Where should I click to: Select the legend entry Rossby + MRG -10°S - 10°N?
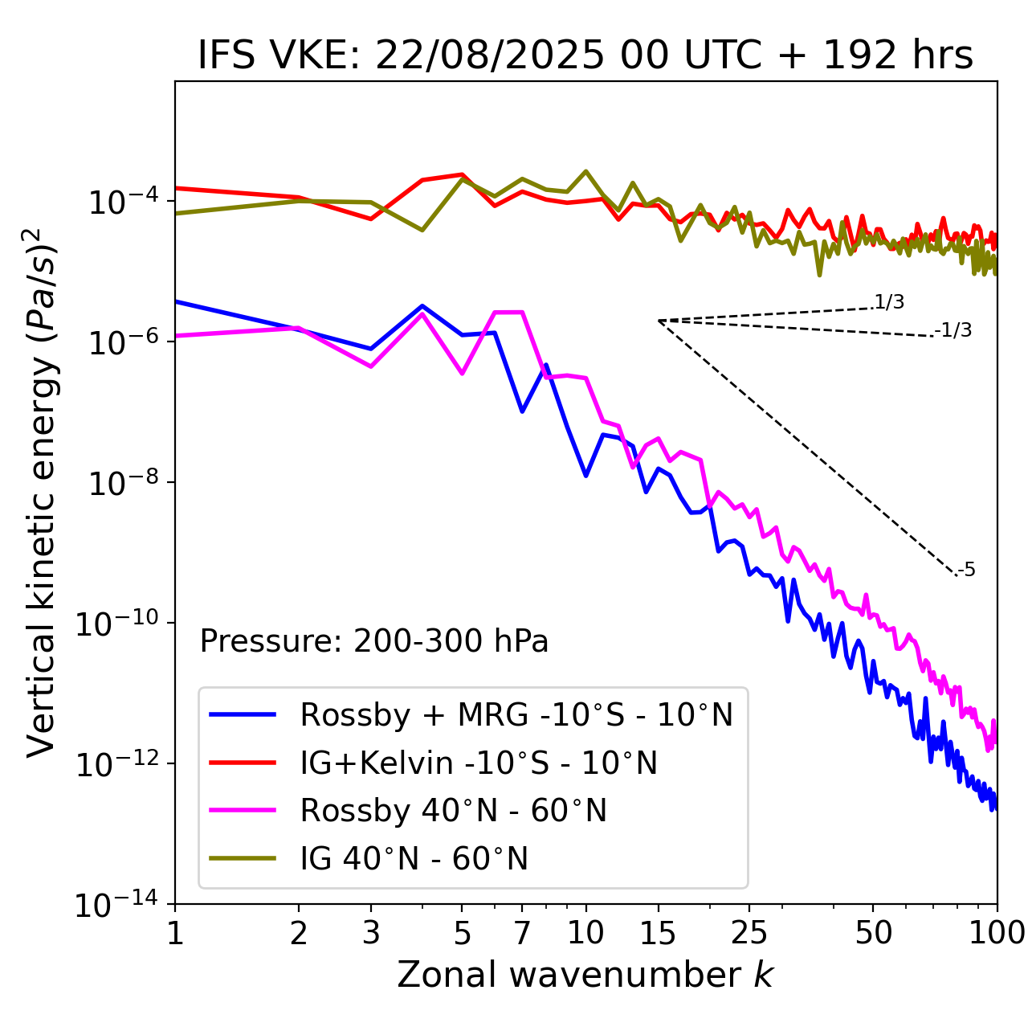(516, 714)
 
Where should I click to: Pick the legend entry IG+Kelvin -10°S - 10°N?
(479, 763)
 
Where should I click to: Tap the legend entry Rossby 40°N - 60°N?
(453, 811)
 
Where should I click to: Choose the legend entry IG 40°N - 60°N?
(414, 859)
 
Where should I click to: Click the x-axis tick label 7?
(522, 933)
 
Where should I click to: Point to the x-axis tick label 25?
(749, 933)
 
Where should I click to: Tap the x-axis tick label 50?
(873, 933)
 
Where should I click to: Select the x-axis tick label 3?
(371, 933)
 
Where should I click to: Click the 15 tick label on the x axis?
(658, 933)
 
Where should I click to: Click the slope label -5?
(967, 570)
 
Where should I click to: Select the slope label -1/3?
(954, 329)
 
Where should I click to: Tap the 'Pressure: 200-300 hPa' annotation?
(373, 641)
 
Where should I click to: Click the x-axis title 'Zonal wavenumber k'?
(585, 975)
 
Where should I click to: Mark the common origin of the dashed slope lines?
(659, 321)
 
